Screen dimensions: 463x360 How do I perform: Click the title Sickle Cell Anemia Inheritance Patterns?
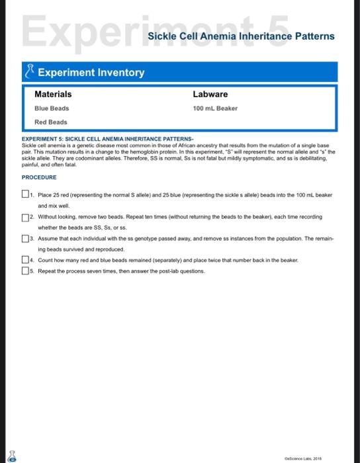coord(242,36)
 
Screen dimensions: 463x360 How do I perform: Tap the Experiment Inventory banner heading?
coord(91,72)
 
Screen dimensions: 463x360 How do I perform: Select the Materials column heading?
coord(53,95)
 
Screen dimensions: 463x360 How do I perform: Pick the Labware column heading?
coord(210,95)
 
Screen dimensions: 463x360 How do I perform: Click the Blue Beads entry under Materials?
coord(52,108)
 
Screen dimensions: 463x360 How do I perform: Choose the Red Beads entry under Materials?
coord(51,122)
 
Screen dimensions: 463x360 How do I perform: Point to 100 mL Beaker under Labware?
coord(215,108)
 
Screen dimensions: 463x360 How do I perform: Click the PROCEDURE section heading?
coord(39,177)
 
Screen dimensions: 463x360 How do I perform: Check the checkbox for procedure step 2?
coord(25,216)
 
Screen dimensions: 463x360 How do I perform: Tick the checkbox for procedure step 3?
coord(25,237)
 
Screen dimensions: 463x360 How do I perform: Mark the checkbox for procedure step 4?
coord(25,260)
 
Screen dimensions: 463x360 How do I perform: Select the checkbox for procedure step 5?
coord(25,271)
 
